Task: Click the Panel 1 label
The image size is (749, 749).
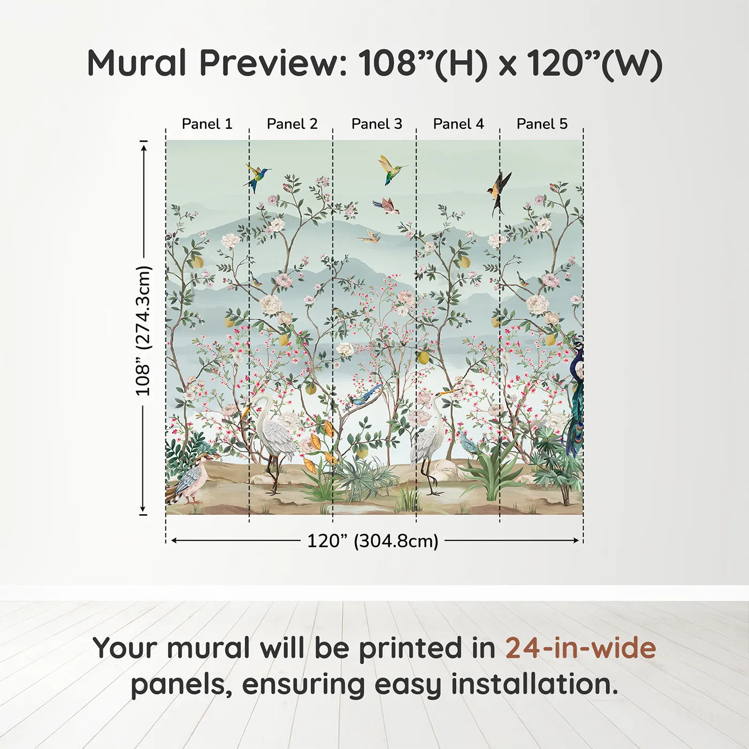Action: click(207, 124)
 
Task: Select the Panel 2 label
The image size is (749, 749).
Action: click(292, 124)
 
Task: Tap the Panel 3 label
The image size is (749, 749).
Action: click(377, 124)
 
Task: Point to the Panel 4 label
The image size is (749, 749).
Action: click(458, 124)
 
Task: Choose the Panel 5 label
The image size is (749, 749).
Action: click(542, 124)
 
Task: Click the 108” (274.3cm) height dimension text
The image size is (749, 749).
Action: click(143, 331)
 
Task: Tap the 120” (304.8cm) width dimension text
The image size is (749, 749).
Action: click(372, 541)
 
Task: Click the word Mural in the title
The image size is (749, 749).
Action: click(136, 63)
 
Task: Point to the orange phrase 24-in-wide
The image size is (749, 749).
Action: click(580, 648)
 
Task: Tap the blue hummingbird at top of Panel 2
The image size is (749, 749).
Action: click(257, 176)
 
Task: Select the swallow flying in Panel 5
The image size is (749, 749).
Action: click(500, 190)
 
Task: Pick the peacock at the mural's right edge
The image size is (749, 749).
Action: click(576, 396)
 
